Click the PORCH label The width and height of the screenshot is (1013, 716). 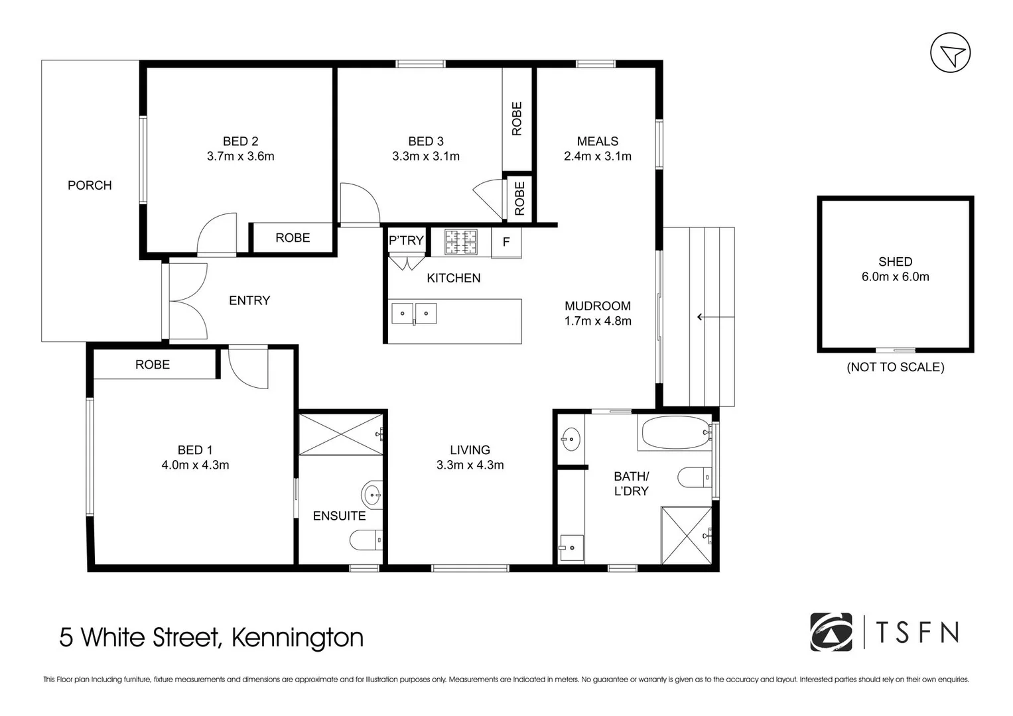(x=90, y=186)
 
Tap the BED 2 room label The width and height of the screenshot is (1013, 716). (x=241, y=141)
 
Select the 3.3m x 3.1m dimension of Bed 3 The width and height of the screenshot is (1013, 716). (x=426, y=156)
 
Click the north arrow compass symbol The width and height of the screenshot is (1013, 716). (x=950, y=52)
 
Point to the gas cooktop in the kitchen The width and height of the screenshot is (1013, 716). (x=461, y=242)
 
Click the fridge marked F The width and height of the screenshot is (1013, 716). (x=507, y=242)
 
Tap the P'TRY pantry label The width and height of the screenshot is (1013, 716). (x=406, y=241)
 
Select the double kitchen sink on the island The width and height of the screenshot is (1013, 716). (x=414, y=314)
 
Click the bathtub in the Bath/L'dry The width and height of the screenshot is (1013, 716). (x=675, y=432)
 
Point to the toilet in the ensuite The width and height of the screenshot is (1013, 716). (x=366, y=540)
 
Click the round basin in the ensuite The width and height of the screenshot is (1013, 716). (x=371, y=495)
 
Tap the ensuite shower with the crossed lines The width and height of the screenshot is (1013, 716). (x=341, y=435)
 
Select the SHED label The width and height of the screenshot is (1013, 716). (x=895, y=262)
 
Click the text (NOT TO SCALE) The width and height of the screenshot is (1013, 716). (x=896, y=367)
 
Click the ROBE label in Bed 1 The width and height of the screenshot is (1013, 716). (x=153, y=365)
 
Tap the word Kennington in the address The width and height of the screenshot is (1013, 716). (x=298, y=637)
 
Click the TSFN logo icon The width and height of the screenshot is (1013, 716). (x=831, y=632)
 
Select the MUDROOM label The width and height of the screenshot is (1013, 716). (x=598, y=306)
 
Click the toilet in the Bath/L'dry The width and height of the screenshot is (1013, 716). (x=694, y=477)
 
